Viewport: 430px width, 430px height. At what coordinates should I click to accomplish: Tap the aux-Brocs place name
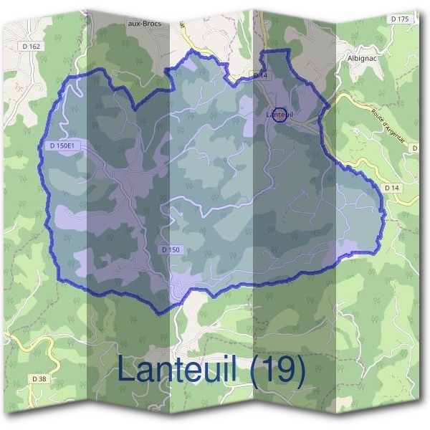[143, 24]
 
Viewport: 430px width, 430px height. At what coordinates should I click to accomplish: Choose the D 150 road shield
[171, 249]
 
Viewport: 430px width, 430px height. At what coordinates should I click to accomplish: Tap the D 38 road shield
[40, 378]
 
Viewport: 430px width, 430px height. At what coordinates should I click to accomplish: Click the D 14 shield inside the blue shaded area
[259, 75]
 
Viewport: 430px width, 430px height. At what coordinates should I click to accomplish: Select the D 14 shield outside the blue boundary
[391, 187]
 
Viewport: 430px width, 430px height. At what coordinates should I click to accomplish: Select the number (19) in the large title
[277, 371]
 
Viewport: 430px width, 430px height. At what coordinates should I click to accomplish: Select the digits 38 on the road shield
[43, 378]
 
